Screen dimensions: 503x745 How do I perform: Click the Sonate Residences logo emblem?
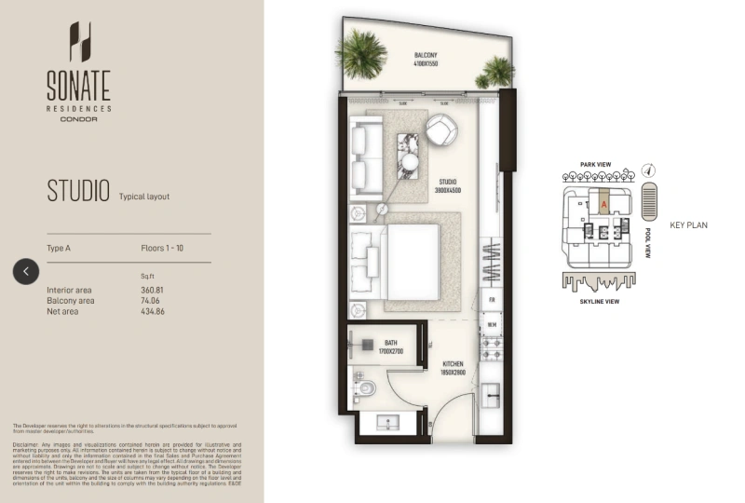[79, 42]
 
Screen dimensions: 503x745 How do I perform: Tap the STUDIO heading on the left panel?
[78, 191]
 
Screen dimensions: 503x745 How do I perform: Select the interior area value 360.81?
[153, 291]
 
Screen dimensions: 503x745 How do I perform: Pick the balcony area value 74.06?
[151, 301]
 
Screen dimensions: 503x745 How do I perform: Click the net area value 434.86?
[153, 311]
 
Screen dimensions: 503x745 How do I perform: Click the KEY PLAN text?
[689, 225]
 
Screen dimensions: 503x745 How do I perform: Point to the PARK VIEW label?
[595, 165]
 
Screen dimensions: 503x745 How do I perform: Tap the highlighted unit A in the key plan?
[603, 201]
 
